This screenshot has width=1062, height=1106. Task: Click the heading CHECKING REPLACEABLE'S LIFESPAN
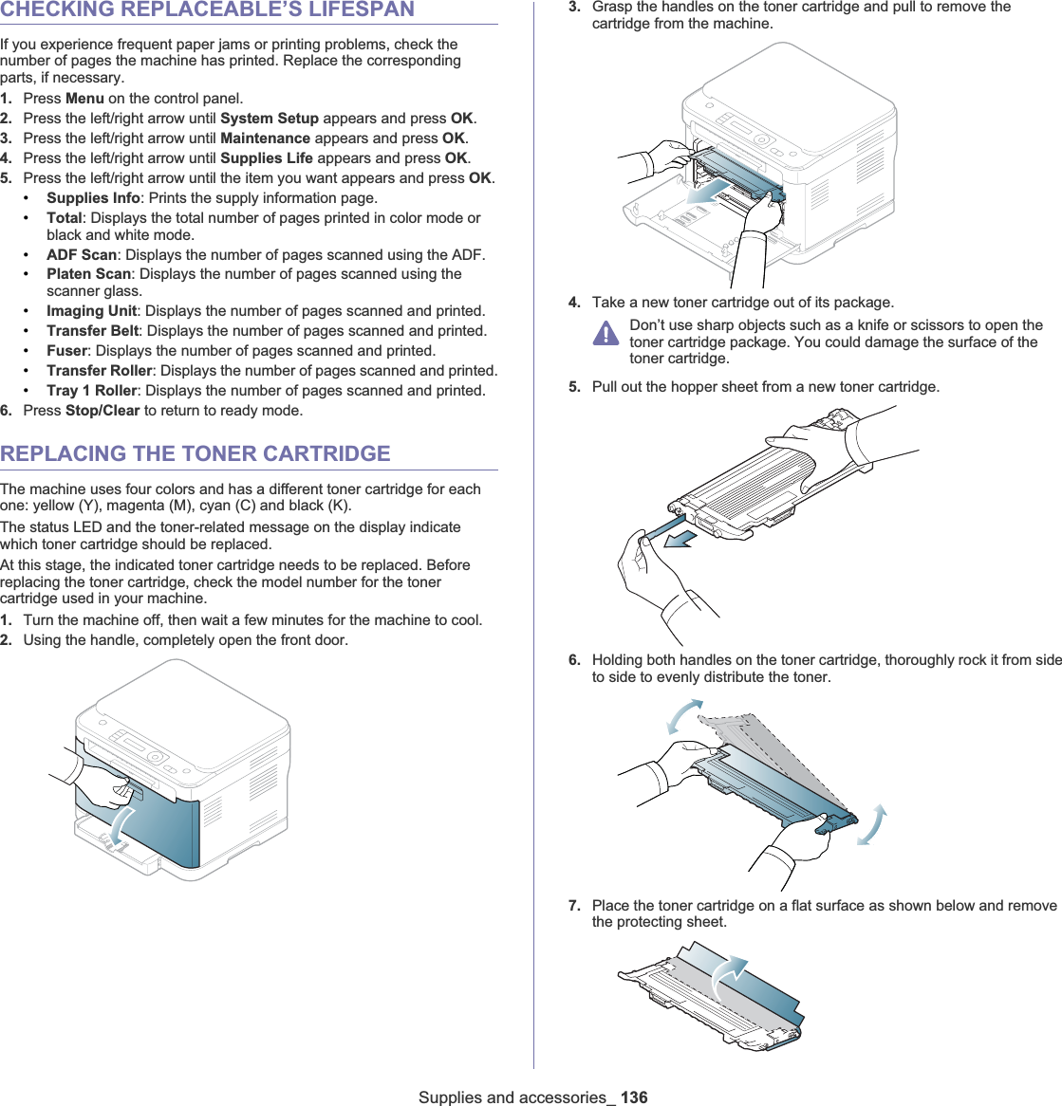pyautogui.click(x=207, y=10)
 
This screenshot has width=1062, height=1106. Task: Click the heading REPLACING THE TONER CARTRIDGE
pyautogui.click(x=196, y=453)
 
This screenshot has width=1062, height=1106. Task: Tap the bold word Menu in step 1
pyautogui.click(x=84, y=99)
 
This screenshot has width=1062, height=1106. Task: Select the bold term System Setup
pyautogui.click(x=270, y=119)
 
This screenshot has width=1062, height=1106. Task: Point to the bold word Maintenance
pyautogui.click(x=265, y=138)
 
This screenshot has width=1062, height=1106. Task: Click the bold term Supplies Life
pyautogui.click(x=267, y=158)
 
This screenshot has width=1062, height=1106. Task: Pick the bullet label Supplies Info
pyautogui.click(x=93, y=198)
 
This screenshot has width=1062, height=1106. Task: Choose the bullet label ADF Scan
pyautogui.click(x=82, y=255)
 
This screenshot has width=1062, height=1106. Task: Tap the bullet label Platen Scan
pyautogui.click(x=88, y=274)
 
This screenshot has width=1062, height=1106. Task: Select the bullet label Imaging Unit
pyautogui.click(x=92, y=311)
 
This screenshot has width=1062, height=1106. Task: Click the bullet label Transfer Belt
pyautogui.click(x=93, y=331)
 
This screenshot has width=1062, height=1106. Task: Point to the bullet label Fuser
pyautogui.click(x=67, y=351)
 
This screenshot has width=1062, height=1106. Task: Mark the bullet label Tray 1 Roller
pyautogui.click(x=92, y=391)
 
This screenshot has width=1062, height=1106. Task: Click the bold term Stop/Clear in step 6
pyautogui.click(x=102, y=411)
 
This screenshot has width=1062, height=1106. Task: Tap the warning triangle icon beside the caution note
pyautogui.click(x=606, y=333)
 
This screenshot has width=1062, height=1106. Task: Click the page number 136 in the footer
pyautogui.click(x=634, y=1097)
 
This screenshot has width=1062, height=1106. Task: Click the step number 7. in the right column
pyautogui.click(x=575, y=906)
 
